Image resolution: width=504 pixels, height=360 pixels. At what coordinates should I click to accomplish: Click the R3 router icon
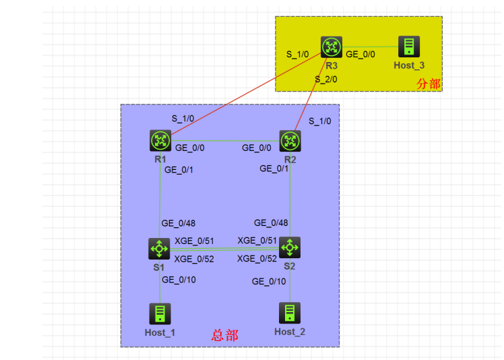(331, 47)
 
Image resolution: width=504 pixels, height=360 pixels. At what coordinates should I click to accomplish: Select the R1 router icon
(160, 141)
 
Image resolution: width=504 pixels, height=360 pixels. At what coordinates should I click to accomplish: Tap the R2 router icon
(290, 141)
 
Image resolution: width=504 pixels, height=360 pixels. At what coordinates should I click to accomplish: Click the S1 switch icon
(160, 248)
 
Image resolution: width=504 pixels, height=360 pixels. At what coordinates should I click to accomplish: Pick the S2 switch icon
(290, 247)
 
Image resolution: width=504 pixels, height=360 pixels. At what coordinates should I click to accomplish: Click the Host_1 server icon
(160, 313)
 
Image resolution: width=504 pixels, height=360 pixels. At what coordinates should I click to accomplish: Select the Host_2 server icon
(290, 312)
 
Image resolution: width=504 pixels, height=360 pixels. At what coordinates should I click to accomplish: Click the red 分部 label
(429, 84)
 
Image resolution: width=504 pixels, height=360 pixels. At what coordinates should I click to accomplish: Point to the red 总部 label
(224, 335)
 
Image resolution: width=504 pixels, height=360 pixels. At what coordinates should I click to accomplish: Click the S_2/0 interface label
(326, 79)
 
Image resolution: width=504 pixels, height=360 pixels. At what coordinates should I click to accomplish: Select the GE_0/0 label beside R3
(360, 53)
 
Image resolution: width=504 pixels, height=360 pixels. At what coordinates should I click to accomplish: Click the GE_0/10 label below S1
(179, 280)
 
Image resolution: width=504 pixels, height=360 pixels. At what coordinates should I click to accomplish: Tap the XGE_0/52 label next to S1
(194, 258)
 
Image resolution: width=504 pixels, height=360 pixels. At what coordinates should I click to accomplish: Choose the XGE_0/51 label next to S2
(257, 240)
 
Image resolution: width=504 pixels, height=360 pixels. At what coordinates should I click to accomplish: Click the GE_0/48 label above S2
(272, 222)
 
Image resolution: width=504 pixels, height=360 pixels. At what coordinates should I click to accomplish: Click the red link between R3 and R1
(243, 94)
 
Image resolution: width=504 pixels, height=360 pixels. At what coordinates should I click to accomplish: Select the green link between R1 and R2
(225, 141)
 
